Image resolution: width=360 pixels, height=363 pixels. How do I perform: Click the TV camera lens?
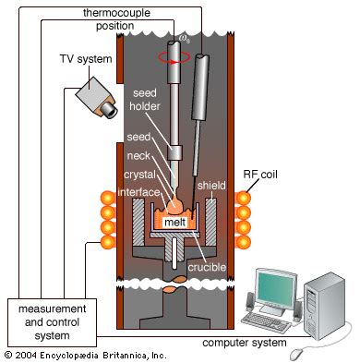tap(109, 109)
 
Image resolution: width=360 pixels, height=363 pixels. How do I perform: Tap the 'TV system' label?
tap(86, 59)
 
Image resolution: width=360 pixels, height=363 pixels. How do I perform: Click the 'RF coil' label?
tap(260, 175)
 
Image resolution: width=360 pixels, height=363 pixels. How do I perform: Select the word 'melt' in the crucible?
tap(174, 222)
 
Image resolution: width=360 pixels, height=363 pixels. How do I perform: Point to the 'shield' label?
tap(211, 186)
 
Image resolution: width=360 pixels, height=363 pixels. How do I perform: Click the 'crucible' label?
tap(207, 267)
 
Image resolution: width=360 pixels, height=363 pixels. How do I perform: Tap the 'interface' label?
tap(138, 192)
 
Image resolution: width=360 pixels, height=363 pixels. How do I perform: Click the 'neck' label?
tap(138, 156)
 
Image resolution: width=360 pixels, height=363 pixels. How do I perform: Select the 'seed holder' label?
tap(145, 100)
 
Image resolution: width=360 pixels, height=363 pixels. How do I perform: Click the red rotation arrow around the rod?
tap(174, 57)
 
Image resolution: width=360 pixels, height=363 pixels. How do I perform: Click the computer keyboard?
tap(265, 321)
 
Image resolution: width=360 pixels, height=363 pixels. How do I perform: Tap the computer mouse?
tap(297, 354)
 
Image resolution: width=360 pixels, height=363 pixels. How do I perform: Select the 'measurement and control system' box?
tap(53, 322)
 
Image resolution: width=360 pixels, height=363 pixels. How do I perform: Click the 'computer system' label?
tap(245, 343)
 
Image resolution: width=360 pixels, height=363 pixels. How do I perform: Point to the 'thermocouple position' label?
tap(116, 19)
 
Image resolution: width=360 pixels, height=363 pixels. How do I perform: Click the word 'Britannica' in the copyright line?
tap(126, 355)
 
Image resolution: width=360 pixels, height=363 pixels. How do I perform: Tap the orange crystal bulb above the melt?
tap(175, 205)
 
